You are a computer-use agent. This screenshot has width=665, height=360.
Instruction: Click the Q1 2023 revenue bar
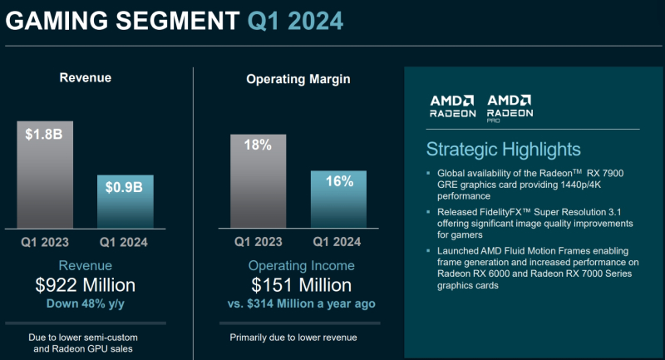[45, 174]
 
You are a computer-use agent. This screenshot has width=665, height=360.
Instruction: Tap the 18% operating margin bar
[258, 180]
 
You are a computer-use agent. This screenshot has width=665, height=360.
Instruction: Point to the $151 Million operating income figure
[295, 286]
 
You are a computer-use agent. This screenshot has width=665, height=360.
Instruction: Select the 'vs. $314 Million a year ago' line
[295, 304]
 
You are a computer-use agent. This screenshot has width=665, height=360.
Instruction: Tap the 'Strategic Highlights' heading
[504, 150]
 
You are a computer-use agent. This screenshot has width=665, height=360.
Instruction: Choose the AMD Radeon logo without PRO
[452, 104]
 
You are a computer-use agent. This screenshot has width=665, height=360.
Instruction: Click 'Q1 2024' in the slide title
[294, 20]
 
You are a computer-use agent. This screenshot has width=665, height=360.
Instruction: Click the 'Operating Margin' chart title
[298, 79]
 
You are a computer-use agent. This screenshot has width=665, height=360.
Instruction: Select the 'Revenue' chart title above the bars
[85, 78]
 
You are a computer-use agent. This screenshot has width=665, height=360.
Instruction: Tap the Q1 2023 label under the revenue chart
[45, 243]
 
